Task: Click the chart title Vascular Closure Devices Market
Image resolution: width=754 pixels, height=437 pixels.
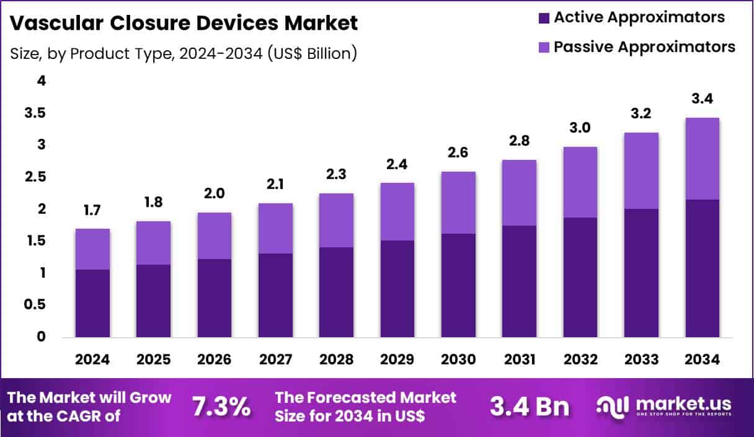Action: (184, 24)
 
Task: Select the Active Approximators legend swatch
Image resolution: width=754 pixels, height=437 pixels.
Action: (544, 18)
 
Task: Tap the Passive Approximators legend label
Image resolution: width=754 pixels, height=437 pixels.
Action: (644, 46)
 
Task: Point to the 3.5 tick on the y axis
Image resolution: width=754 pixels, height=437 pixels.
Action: (35, 113)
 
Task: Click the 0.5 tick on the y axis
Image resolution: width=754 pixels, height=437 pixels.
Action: (35, 305)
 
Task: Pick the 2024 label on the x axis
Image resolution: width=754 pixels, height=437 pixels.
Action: (92, 360)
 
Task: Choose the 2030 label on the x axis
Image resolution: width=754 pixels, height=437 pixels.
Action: (458, 360)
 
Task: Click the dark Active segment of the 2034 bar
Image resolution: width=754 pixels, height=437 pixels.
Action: (703, 268)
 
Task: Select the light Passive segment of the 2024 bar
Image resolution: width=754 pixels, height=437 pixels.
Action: (92, 249)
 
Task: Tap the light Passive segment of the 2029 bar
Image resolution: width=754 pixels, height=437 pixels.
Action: (397, 211)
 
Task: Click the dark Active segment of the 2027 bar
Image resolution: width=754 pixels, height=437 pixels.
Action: (275, 295)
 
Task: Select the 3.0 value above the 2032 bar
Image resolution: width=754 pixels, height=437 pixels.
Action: (580, 129)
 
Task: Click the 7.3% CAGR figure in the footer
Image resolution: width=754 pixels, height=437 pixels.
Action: (221, 407)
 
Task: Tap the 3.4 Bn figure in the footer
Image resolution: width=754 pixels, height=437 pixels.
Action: (529, 407)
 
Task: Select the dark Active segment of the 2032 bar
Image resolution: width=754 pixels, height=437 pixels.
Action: (580, 277)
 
